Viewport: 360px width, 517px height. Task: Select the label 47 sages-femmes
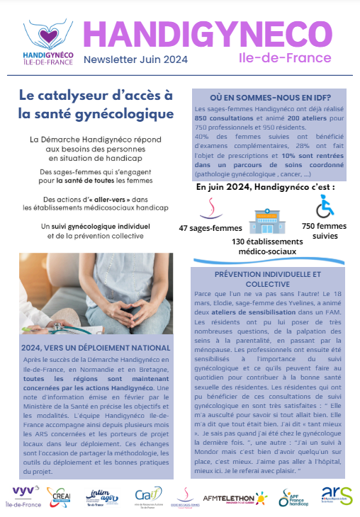(210, 228)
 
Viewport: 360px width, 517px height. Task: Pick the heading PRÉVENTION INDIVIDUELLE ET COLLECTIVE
(268, 278)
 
